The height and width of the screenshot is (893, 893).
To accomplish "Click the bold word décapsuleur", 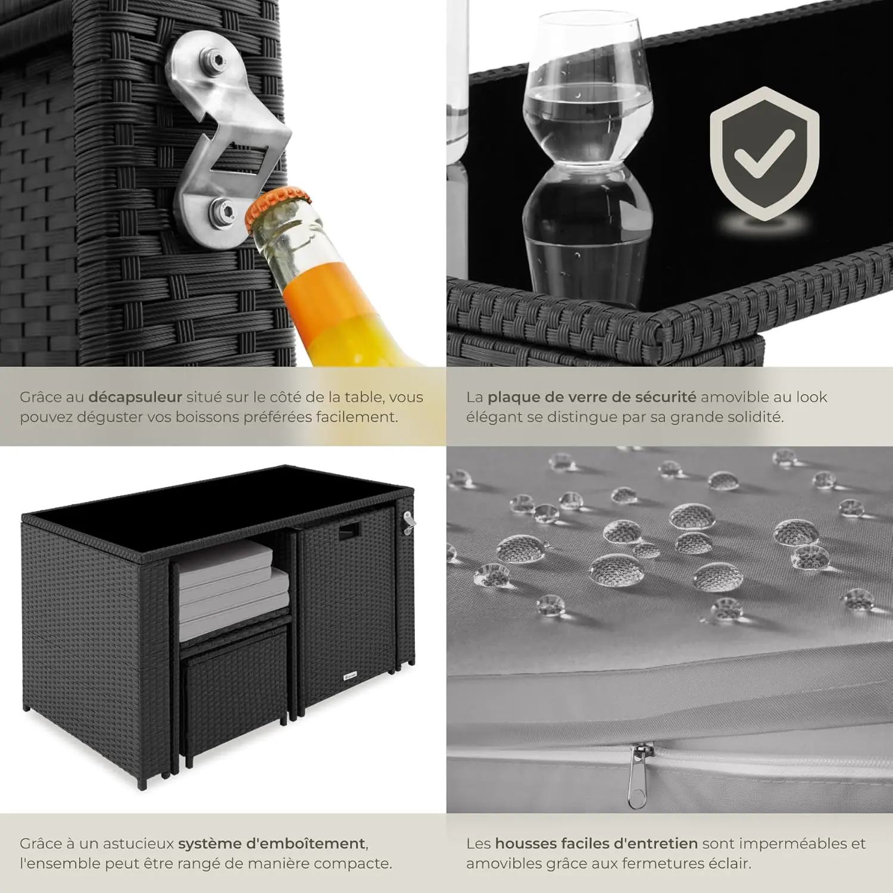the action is click(x=135, y=397).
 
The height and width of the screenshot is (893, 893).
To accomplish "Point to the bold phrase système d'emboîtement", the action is click(x=272, y=844).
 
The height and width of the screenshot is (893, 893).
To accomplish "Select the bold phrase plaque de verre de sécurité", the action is click(x=592, y=397).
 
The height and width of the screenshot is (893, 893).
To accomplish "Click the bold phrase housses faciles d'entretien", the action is click(x=597, y=844).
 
